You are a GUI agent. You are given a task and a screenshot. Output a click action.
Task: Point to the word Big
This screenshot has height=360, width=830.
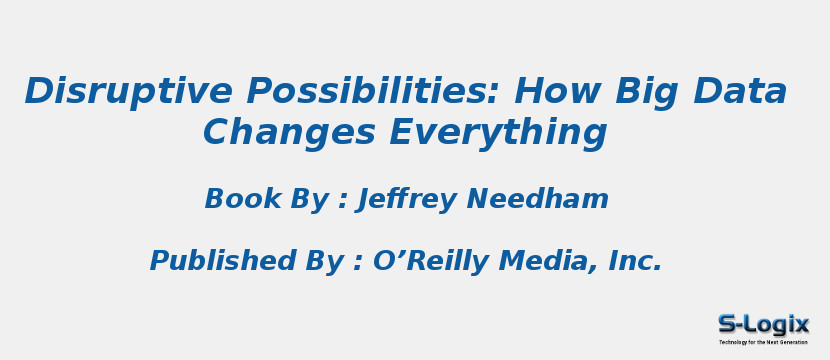pyautogui.click(x=642, y=92)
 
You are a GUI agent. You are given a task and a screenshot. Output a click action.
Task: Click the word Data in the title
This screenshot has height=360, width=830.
pyautogui.click(x=739, y=92)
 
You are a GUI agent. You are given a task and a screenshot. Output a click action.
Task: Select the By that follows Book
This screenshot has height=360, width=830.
pyautogui.click(x=307, y=200)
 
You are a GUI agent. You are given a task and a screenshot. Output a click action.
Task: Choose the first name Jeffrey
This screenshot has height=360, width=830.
pyautogui.click(x=408, y=200)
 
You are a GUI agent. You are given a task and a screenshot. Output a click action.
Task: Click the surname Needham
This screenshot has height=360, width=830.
pyautogui.click(x=537, y=200)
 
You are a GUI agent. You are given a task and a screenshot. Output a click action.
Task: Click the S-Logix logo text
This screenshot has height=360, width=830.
pyautogui.click(x=763, y=324)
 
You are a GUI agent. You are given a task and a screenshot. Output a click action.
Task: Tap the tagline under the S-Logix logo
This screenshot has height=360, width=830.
pyautogui.click(x=763, y=342)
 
